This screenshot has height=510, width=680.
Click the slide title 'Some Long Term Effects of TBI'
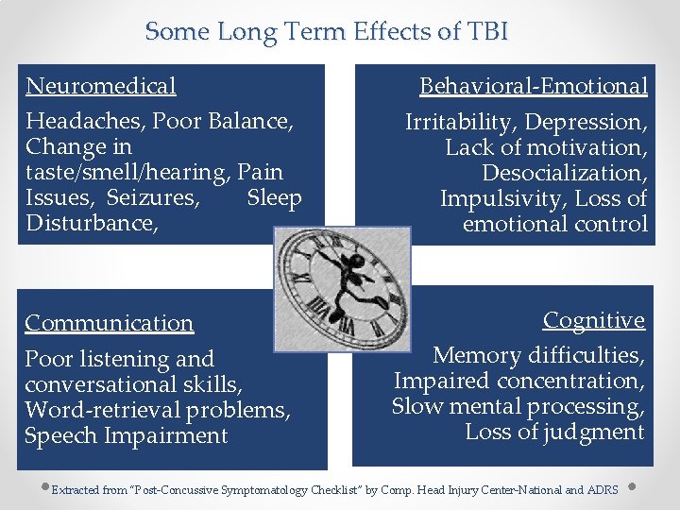pyautogui.click(x=327, y=31)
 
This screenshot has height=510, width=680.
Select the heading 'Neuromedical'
pyautogui.click(x=101, y=86)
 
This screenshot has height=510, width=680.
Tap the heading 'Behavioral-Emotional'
pyautogui.click(x=534, y=86)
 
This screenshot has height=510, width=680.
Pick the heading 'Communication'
pyautogui.click(x=109, y=323)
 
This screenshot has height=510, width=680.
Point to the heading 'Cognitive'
pyautogui.click(x=594, y=320)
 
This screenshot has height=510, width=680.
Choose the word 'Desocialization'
pyautogui.click(x=564, y=173)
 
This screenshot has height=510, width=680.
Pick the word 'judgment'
pyautogui.click(x=598, y=433)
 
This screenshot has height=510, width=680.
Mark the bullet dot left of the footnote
pyautogui.click(x=44, y=488)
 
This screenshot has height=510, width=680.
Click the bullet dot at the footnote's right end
pyautogui.click(x=630, y=488)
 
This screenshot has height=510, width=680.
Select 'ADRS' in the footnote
pyautogui.click(x=603, y=490)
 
